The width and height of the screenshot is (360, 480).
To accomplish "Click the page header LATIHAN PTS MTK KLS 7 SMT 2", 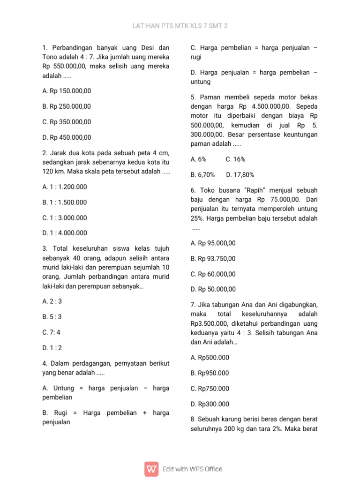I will click(x=180, y=26).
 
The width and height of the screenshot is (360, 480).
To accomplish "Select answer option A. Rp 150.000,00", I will click(x=67, y=91).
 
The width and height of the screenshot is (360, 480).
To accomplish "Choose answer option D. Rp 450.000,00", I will click(x=67, y=137).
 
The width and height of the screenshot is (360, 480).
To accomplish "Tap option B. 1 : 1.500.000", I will click(x=65, y=202).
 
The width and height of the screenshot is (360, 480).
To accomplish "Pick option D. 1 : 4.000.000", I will click(x=65, y=233).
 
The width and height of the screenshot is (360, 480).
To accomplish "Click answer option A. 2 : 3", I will click(x=52, y=301).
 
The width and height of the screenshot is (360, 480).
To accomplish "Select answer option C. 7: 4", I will click(x=52, y=332).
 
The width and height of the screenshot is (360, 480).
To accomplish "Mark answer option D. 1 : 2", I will click(x=52, y=348).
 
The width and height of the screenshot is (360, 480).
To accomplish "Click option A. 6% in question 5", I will click(x=199, y=159).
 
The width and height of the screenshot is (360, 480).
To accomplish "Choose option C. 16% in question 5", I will click(x=235, y=159).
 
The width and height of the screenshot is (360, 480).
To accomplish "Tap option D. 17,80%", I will click(x=240, y=175).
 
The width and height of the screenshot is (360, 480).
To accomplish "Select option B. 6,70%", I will click(x=203, y=175).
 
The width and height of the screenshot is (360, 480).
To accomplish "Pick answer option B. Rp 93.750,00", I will click(x=214, y=259).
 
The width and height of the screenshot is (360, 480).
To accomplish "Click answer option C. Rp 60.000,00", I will click(x=214, y=274).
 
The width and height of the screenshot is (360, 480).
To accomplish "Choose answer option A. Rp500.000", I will click(x=210, y=358).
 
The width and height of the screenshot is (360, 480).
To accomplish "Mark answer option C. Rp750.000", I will click(x=210, y=389).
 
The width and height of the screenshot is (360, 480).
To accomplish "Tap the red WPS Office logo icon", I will click(x=151, y=469).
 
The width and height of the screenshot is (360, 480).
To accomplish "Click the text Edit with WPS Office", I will click(x=192, y=469).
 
